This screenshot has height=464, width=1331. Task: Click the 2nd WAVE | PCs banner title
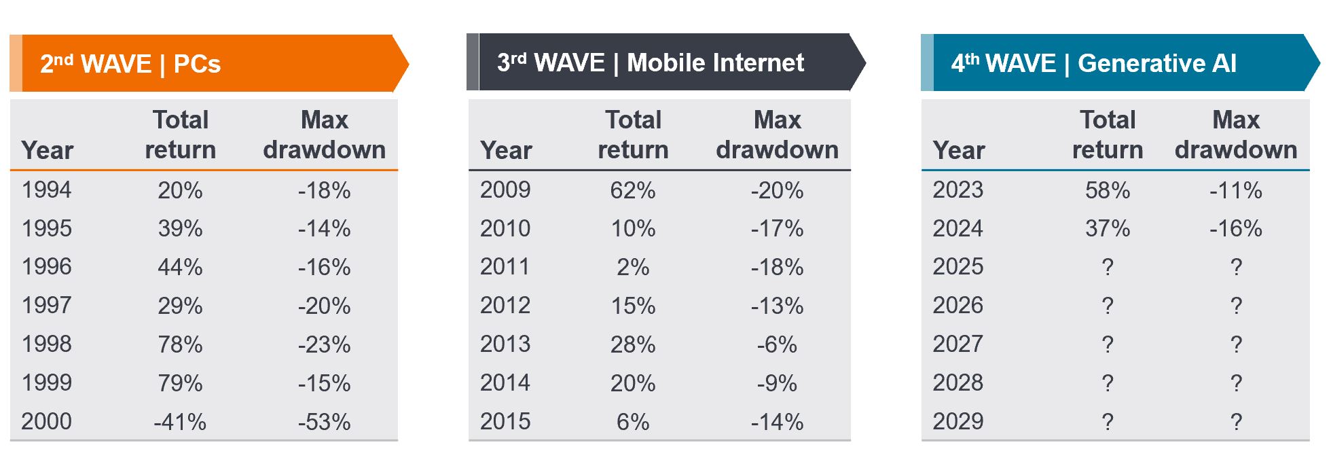tap(130, 64)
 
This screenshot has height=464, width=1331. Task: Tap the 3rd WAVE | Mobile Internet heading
tap(650, 63)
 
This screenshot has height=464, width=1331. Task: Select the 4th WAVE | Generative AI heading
tap(1093, 63)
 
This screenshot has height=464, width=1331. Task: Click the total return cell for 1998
tap(180, 344)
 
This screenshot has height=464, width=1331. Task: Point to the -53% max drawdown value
tap(324, 422)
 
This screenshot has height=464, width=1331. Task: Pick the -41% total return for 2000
tap(180, 422)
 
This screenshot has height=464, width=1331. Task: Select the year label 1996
tap(46, 266)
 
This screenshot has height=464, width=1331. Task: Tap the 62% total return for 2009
tap(633, 190)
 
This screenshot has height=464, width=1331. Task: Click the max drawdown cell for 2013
tap(777, 344)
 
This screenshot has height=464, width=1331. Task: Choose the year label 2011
tap(505, 266)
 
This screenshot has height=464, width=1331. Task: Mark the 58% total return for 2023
tap(1108, 190)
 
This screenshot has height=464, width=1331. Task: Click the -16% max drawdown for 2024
tap(1235, 228)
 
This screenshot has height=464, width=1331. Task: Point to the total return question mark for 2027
tap(1108, 344)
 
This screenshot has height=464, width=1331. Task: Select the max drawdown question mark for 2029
tap(1236, 422)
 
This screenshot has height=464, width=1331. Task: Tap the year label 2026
tap(958, 305)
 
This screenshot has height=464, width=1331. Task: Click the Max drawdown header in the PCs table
tap(324, 135)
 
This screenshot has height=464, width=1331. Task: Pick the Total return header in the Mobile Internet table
tap(633, 135)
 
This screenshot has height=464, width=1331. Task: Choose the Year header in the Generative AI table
tap(958, 150)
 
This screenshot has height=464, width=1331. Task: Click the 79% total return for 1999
tap(180, 383)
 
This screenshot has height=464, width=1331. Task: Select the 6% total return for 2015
tap(633, 422)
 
